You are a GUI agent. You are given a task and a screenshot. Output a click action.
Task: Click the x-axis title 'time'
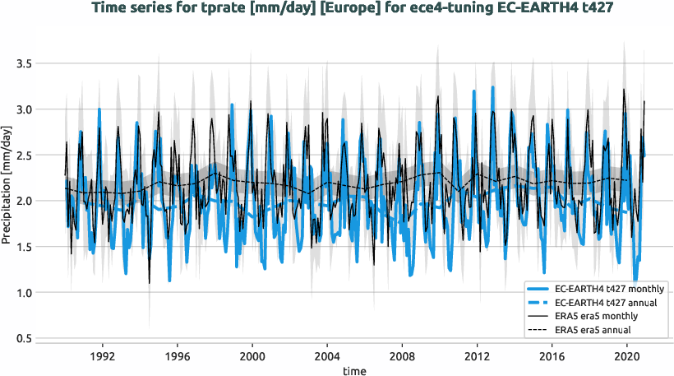tap(355, 371)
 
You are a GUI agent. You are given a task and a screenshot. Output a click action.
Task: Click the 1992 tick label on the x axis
tap(102, 357)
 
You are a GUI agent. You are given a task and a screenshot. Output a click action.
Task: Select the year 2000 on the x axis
tap(252, 357)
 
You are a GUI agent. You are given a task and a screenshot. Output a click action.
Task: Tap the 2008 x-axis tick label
tap(402, 357)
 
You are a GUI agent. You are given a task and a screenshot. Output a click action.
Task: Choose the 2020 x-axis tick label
tap(627, 357)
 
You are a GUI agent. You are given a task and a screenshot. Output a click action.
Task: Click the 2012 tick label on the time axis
tap(478, 357)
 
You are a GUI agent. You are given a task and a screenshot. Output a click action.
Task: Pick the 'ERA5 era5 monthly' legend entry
tap(597, 317)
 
